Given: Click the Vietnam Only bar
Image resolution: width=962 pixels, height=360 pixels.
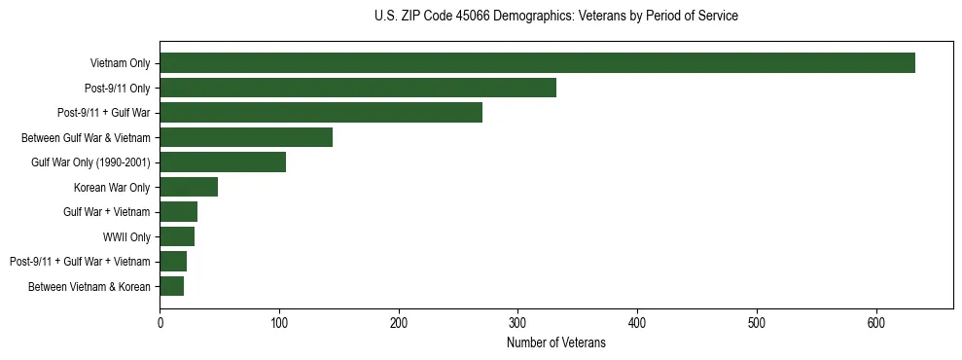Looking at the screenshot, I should [537, 63].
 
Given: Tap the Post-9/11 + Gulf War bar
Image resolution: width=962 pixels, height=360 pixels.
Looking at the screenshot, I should [321, 113].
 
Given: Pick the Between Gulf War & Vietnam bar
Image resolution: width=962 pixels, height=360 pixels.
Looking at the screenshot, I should [246, 137].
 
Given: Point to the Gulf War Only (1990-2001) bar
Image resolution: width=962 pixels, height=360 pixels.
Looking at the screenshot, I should [223, 162].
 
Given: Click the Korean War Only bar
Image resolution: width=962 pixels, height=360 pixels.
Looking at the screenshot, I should [189, 187].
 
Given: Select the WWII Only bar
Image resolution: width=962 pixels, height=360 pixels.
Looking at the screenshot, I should [177, 236].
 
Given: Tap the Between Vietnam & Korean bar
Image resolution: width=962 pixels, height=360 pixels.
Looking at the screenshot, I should [172, 286].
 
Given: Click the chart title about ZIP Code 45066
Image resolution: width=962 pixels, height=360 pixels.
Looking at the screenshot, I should [555, 17].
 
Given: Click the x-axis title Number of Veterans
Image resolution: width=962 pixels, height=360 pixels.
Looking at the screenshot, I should [555, 343].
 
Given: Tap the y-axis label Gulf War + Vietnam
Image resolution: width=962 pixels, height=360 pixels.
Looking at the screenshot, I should [107, 212].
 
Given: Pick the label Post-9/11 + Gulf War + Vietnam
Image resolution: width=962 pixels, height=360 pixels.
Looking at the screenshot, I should [80, 262].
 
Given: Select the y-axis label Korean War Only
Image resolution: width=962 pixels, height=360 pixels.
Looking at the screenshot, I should [112, 187].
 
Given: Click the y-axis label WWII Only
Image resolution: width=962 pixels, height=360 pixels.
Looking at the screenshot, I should [126, 236].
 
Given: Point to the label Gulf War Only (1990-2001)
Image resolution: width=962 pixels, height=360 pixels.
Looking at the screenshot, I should [90, 162].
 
